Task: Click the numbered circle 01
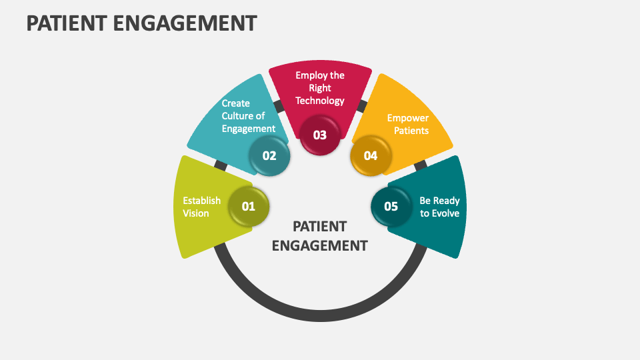coord(248,207)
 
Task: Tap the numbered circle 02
coord(269,156)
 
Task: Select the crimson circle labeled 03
coord(320,135)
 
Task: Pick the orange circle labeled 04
coord(371,156)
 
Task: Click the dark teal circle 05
coord(391,207)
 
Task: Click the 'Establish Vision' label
coord(201,207)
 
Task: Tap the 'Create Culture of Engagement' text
coord(248,116)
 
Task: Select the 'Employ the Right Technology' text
coord(320,88)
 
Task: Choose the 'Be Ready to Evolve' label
coord(439,207)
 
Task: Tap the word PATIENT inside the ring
coord(320,226)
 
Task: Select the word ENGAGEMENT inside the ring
coord(320,245)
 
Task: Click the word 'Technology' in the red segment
coord(320,101)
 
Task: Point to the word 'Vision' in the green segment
coord(196,213)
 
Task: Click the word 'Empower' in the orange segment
coord(408,118)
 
